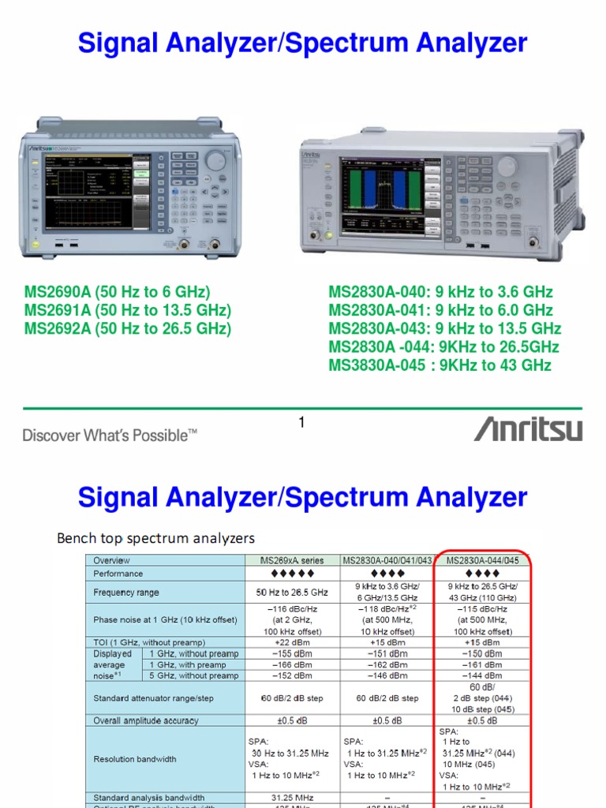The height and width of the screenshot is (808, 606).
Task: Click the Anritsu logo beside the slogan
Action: tap(528, 429)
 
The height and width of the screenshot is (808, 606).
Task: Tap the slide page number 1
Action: tap(301, 424)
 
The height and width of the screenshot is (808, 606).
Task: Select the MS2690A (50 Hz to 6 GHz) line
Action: tap(118, 292)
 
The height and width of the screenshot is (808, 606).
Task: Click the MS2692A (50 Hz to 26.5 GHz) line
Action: tap(128, 328)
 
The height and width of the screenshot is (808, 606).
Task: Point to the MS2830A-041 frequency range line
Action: tap(440, 310)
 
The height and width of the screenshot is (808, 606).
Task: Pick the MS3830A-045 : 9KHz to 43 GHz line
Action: tap(440, 365)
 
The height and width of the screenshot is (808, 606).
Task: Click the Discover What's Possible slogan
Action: tap(110, 435)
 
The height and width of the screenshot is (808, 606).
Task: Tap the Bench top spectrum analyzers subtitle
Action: tap(156, 539)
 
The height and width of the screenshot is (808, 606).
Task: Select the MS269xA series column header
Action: tap(291, 560)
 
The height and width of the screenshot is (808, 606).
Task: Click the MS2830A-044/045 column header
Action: tap(482, 560)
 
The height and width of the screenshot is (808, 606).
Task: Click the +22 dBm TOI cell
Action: tap(291, 642)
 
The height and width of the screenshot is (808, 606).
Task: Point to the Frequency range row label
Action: tap(126, 592)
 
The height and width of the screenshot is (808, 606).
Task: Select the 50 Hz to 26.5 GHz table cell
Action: tap(291, 592)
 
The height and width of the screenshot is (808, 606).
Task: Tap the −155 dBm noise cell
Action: tap(291, 653)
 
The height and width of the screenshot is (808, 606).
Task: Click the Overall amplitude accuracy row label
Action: tap(146, 720)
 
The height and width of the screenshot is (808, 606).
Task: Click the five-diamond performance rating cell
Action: tap(291, 574)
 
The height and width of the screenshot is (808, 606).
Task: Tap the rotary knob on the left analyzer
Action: tap(215, 160)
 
